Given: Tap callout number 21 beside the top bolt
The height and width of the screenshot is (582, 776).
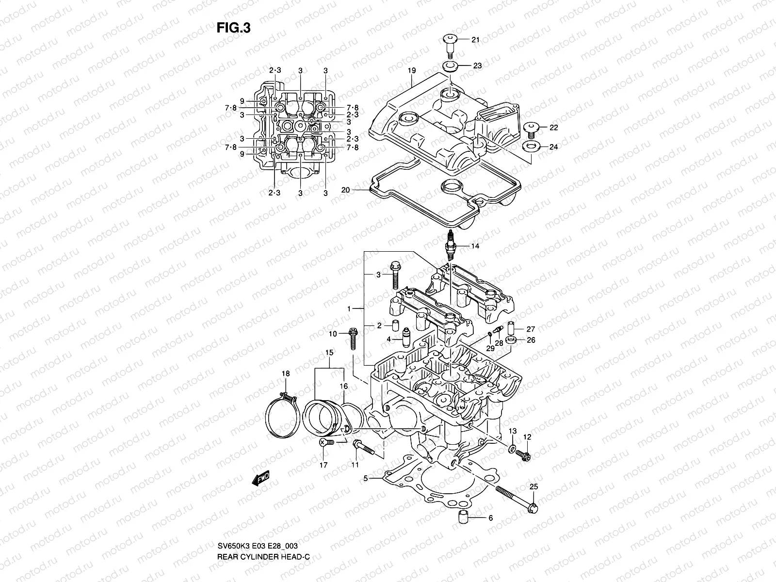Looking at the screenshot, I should coord(475,40).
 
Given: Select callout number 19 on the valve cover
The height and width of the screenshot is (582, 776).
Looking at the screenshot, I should coord(411,71).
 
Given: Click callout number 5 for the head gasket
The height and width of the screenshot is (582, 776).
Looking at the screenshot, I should coord(366,479).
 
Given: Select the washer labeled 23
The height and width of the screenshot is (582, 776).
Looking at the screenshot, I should coord(450,66).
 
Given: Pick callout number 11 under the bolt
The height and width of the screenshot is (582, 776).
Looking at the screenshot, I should coord(355,465).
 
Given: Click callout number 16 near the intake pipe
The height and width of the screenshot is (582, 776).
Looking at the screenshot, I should coord(343,386).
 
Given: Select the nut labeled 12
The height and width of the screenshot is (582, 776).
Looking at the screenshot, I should coord(523,455).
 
